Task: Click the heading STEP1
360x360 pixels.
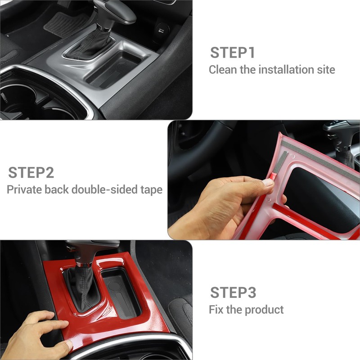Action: point(233,52)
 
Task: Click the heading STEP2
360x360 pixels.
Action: point(31,172)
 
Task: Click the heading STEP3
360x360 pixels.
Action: point(233,292)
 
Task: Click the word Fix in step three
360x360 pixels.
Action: point(216,310)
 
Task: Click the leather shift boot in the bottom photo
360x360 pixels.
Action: point(81,288)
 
